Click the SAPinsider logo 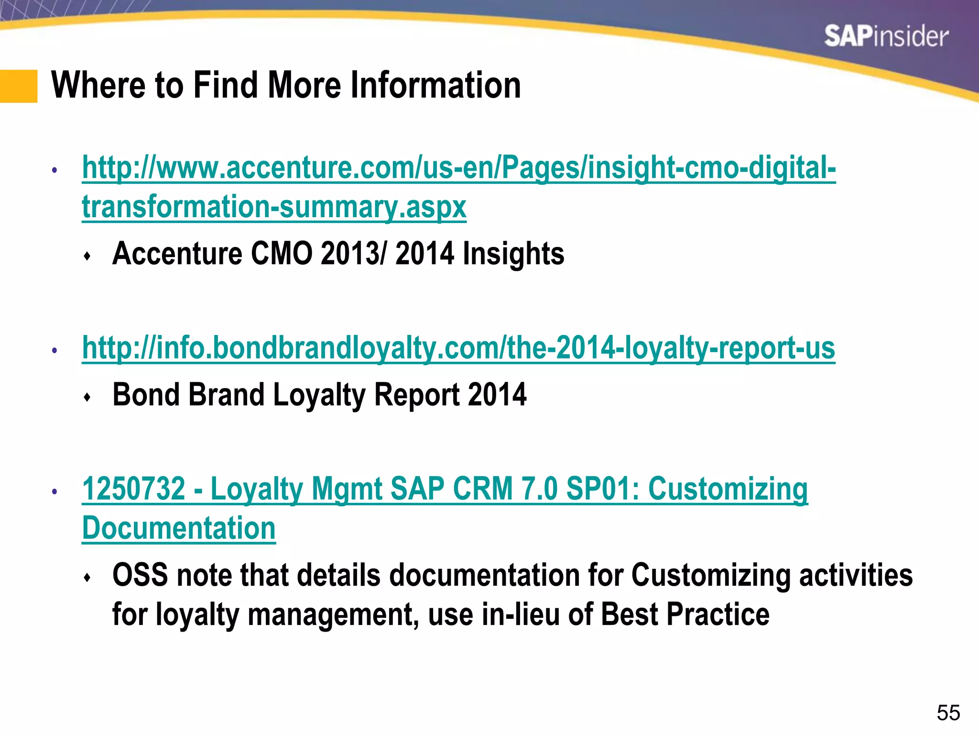click(x=886, y=37)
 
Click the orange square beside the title click(x=19, y=86)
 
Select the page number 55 click(x=948, y=713)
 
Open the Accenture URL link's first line click(x=459, y=168)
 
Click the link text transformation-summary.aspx click(x=274, y=207)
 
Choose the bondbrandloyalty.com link click(x=458, y=348)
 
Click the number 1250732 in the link click(x=134, y=489)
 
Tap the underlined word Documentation click(x=179, y=528)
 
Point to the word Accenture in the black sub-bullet click(x=177, y=253)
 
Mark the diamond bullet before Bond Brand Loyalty click(x=87, y=397)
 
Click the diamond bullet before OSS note click(x=87, y=578)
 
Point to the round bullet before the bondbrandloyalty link click(x=55, y=351)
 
